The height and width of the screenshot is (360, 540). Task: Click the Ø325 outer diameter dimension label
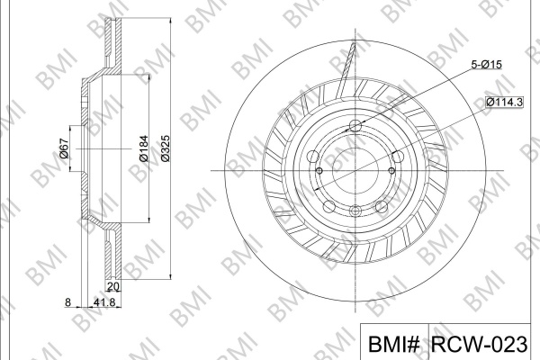[166, 148]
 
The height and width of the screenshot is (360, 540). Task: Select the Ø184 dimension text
[144, 148]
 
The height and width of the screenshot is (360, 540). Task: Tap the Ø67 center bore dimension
[64, 148]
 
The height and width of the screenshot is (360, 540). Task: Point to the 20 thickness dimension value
[113, 286]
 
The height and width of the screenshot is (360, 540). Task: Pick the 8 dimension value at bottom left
[67, 302]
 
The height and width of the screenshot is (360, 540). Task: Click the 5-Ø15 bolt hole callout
[486, 64]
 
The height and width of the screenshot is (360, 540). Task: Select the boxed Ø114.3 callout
[505, 102]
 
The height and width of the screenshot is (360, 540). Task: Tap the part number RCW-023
[479, 344]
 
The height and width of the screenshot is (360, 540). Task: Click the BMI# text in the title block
[394, 344]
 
